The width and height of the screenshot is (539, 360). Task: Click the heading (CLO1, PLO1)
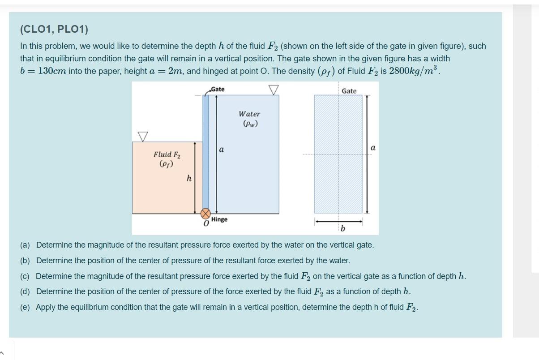pos(54,30)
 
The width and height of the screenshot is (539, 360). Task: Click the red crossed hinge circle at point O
pos(205,214)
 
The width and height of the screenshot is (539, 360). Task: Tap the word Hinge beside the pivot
pos(219,219)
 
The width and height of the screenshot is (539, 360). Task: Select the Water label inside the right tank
pos(249,114)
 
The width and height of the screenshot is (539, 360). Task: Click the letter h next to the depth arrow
pos(189,179)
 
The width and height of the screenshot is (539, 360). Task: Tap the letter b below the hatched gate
pos(343,229)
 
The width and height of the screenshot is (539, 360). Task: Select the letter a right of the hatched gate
pos(373,148)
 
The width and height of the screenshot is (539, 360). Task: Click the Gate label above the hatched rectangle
pos(349,91)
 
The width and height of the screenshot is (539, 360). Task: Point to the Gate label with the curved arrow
pos(217,89)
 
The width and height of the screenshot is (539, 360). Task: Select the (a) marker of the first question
pos(25,245)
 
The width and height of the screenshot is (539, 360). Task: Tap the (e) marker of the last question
pos(25,307)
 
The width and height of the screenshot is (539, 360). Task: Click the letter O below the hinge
pos(206,223)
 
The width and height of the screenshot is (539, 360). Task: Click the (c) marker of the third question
pos(25,276)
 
